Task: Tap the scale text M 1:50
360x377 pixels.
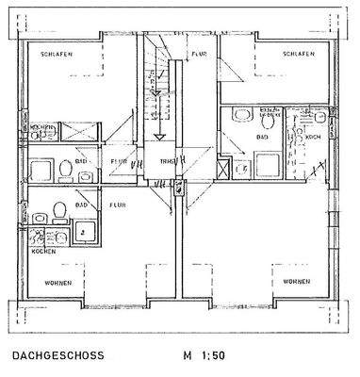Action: (205, 357)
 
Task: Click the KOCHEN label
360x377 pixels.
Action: (43, 252)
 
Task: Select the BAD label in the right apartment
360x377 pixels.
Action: (260, 137)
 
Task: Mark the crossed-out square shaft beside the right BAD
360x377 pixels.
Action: (222, 171)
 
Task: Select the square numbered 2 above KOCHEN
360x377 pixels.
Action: (82, 229)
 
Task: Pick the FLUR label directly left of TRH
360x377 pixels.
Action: (120, 162)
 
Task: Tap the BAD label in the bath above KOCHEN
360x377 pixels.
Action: (82, 204)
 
